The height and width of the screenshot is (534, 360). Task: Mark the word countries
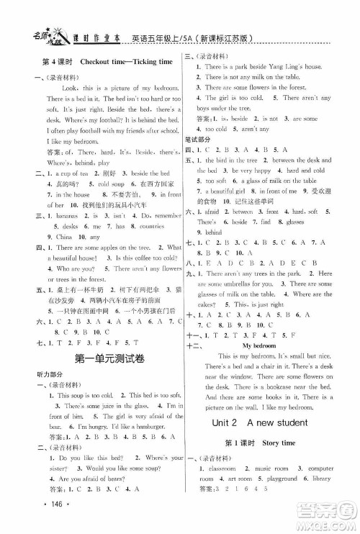pyautogui.click(x=148, y=225)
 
